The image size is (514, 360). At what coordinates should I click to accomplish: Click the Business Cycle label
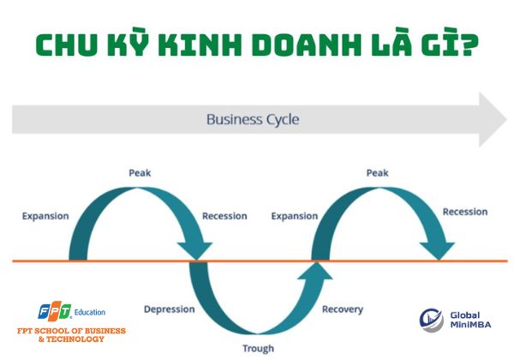[x=253, y=119]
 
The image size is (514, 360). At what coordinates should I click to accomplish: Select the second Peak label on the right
[x=378, y=173]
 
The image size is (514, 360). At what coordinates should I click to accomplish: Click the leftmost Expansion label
[x=45, y=216]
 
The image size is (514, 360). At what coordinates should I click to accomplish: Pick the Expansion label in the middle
[x=294, y=216]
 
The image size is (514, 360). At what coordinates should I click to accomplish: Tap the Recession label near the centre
[x=224, y=216]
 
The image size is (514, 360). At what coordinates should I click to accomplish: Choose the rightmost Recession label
[x=465, y=212]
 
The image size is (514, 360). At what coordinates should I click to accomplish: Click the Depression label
[x=169, y=309]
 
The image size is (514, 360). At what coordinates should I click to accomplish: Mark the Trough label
[x=258, y=348]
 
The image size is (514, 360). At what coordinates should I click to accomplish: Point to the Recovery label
[x=343, y=309]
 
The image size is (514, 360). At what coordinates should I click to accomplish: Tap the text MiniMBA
[x=472, y=326]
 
